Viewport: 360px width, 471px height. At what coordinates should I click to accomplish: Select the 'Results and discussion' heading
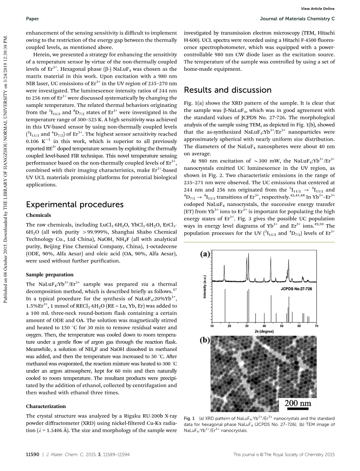tap(227, 90)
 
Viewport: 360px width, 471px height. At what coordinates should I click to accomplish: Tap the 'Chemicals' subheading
tap(38, 215)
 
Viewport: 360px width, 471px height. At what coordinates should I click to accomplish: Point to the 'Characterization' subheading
tap(46, 406)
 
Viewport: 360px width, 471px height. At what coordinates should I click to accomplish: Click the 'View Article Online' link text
tap(318, 9)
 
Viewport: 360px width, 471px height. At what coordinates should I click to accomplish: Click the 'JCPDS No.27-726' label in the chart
tap(296, 289)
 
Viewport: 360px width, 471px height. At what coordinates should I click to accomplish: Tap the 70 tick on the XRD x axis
tap(316, 326)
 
